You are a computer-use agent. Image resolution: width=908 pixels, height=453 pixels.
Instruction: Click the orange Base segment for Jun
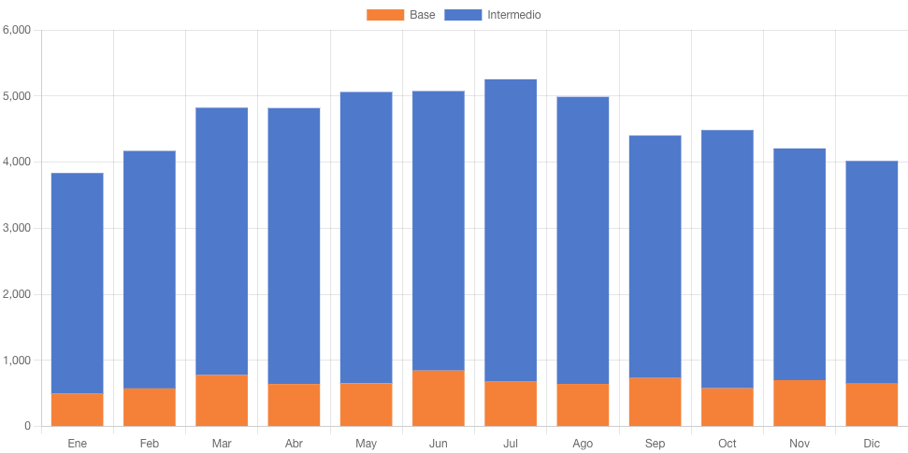(x=439, y=399)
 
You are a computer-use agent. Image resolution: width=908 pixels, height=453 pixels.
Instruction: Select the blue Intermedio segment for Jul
(x=511, y=230)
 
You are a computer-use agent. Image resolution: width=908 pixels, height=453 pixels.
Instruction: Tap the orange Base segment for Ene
(x=77, y=410)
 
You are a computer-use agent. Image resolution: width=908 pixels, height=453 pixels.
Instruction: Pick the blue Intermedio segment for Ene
(x=77, y=283)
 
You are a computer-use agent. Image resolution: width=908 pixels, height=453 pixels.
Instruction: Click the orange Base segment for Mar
(x=222, y=401)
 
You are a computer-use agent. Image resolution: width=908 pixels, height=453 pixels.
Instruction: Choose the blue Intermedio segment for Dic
(x=872, y=272)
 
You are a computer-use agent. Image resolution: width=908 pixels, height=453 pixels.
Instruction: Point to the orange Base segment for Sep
(x=655, y=403)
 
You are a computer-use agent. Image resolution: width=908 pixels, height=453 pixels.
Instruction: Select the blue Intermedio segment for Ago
(x=583, y=240)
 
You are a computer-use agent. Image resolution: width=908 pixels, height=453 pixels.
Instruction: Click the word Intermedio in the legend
(x=514, y=15)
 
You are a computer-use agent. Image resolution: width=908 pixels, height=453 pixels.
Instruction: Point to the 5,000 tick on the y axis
(x=18, y=96)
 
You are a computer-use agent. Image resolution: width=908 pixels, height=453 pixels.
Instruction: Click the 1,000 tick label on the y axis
(x=18, y=361)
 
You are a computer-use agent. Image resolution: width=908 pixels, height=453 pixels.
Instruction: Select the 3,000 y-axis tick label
(x=18, y=228)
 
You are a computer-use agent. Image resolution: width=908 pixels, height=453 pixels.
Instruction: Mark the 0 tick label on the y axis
(x=27, y=427)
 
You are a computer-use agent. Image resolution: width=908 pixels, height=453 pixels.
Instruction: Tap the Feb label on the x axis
(x=150, y=444)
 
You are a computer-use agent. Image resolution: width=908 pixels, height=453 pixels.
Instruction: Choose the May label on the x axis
(x=366, y=444)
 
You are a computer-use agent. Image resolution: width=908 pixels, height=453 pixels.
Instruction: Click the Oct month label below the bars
(x=728, y=444)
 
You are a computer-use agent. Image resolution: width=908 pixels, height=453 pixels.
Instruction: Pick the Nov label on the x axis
(x=800, y=444)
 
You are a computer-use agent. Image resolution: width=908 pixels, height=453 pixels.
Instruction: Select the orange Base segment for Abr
(x=294, y=405)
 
